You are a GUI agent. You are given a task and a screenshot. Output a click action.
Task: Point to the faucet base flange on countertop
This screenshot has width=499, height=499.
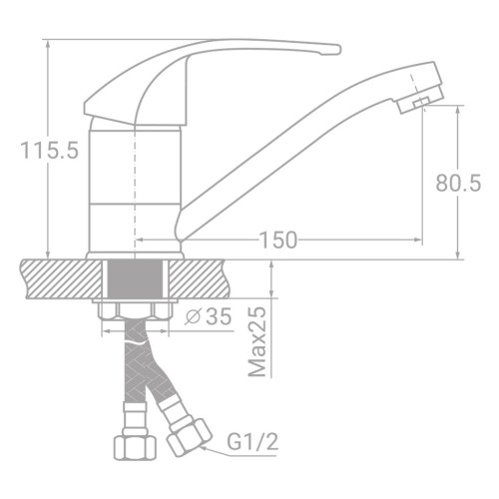click(136, 251)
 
